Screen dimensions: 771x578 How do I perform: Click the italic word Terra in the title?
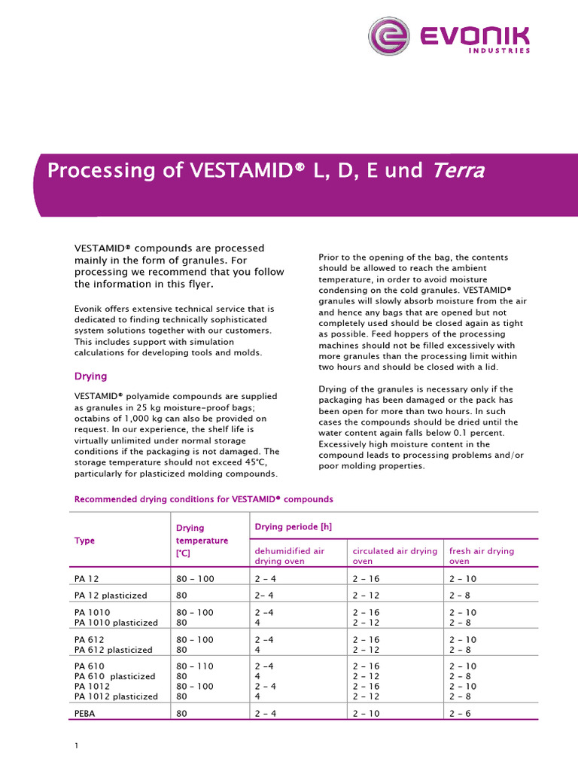tap(457, 171)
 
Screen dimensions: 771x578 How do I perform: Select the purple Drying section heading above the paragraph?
tap(90, 376)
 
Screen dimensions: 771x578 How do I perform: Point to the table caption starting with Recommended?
tap(203, 499)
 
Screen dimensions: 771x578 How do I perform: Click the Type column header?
tap(84, 541)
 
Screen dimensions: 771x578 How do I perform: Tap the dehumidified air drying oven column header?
tap(290, 556)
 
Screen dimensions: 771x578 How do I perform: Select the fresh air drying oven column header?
tap(482, 556)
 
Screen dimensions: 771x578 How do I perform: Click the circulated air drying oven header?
tap(394, 556)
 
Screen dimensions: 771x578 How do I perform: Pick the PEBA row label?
tap(87, 712)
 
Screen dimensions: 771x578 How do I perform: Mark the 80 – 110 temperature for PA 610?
tap(194, 666)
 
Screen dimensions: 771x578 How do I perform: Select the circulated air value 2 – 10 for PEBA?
tap(369, 712)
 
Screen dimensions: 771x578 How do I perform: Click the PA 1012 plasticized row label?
tap(116, 696)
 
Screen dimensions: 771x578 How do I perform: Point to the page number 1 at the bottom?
tap(77, 746)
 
